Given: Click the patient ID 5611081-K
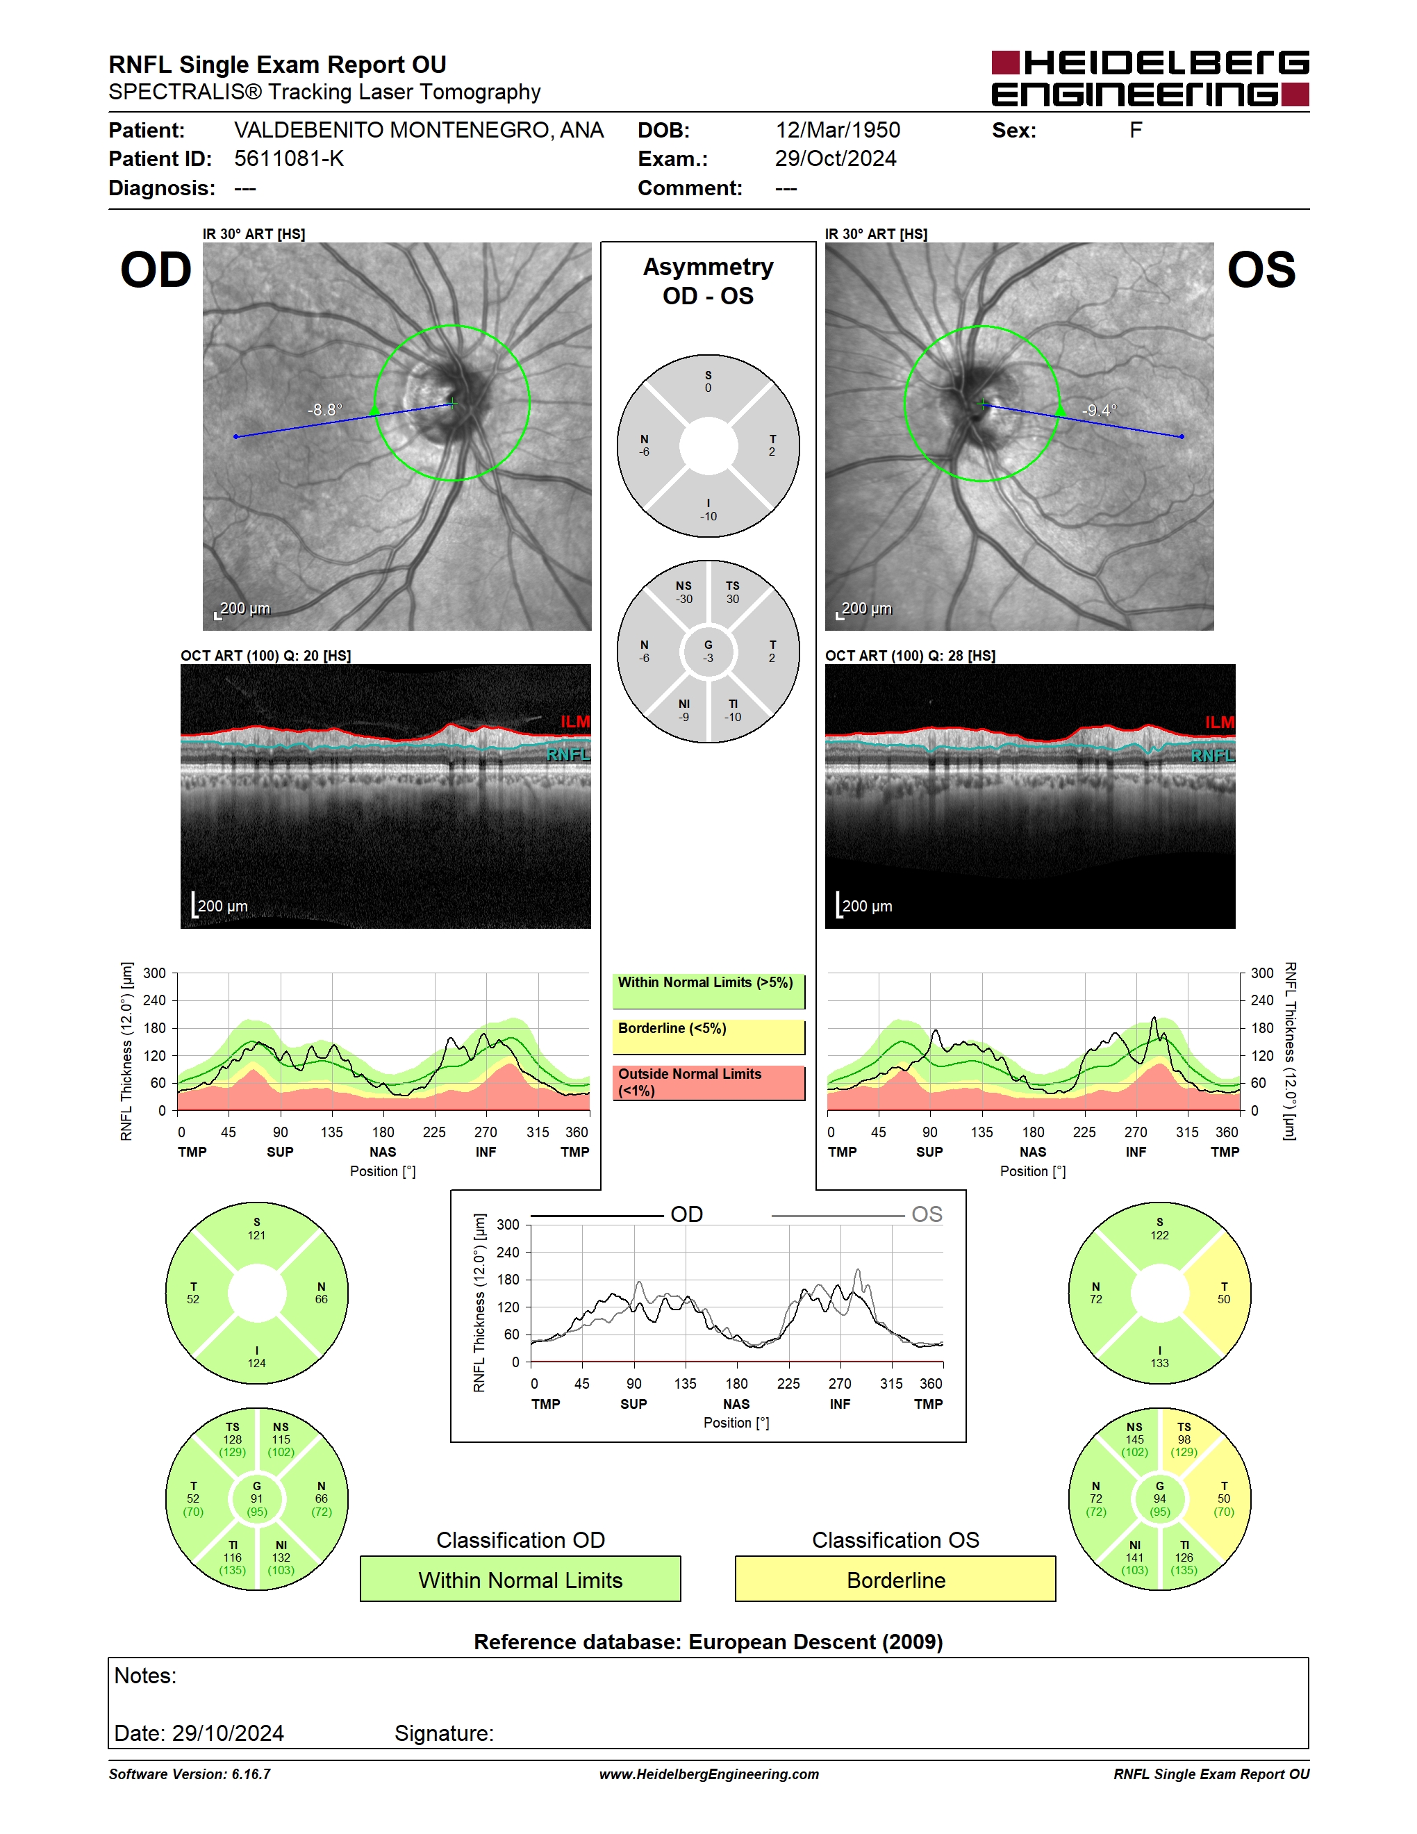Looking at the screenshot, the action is click(x=289, y=158).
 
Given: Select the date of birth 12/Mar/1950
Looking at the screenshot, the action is click(x=837, y=130).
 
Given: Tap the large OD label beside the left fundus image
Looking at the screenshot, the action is click(x=156, y=270).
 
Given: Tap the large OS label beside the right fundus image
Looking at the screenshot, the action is click(x=1261, y=270).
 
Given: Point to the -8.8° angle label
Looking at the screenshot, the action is click(x=325, y=410).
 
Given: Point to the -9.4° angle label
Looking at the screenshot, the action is click(x=1099, y=410).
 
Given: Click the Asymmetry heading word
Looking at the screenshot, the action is click(x=708, y=267).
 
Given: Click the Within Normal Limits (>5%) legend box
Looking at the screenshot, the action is click(x=708, y=991).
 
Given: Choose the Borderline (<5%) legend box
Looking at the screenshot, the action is click(x=708, y=1037).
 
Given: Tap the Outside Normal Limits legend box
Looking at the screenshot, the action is click(x=708, y=1082).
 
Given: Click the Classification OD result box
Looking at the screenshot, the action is click(x=520, y=1579).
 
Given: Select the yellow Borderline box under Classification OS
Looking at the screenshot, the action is click(x=896, y=1579).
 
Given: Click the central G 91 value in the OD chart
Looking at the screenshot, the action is click(x=257, y=1499).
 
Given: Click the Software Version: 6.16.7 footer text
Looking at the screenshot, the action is click(x=190, y=1774).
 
